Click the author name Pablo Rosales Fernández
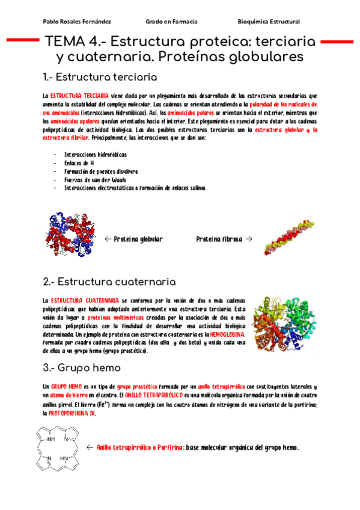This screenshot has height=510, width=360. coord(77,22)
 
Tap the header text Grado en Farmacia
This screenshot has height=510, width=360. coord(171,22)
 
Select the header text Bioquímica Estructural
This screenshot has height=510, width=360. coord(269,22)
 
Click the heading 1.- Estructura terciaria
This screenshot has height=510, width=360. coord(100,78)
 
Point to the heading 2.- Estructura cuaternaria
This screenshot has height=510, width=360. coord(109,281)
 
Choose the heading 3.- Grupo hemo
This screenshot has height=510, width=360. coord(82,367)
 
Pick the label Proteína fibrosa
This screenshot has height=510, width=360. coord(219,239)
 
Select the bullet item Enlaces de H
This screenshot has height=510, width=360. coord(79,162)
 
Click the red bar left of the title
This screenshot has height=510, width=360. coord(23,40)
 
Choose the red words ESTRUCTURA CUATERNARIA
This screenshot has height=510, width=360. coord(85,300)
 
